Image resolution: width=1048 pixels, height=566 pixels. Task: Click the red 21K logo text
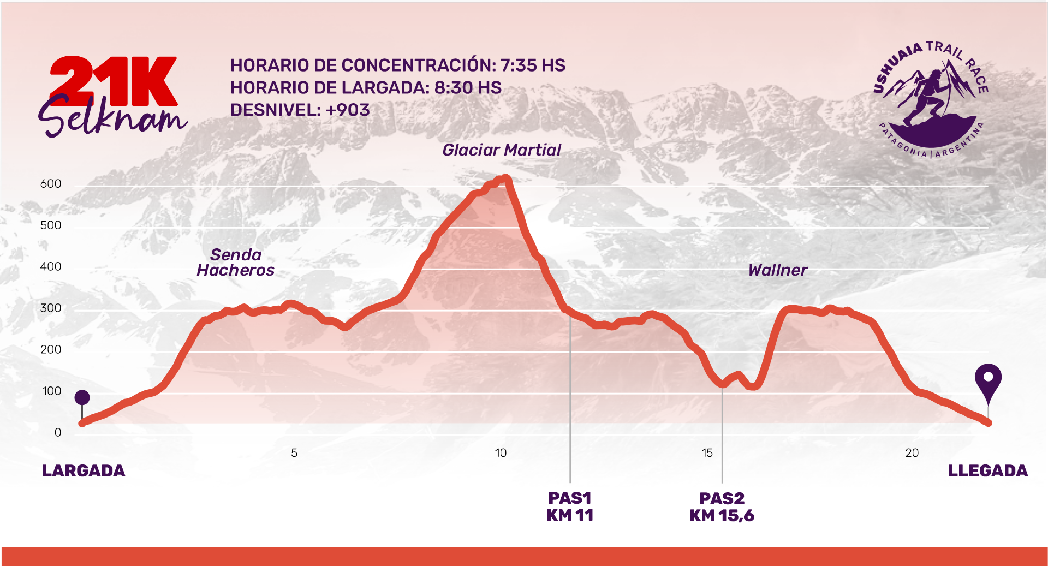tap(114, 81)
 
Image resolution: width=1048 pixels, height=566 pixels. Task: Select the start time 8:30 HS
tap(468, 88)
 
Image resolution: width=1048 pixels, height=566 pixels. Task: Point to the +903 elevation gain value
tap(348, 110)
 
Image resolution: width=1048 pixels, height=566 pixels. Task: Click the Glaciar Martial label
tap(501, 150)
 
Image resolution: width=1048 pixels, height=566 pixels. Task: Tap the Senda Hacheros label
tap(236, 263)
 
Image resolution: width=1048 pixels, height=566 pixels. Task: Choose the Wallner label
tap(777, 270)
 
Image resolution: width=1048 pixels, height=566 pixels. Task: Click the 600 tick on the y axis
tap(51, 184)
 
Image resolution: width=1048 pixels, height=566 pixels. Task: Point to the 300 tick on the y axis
tap(51, 308)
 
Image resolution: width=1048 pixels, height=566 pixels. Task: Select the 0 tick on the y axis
tap(57, 433)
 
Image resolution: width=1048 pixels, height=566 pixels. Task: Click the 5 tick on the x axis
tap(294, 453)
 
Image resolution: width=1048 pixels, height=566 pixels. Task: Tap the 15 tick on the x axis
tap(707, 453)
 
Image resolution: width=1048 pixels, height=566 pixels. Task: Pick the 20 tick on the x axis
tap(912, 453)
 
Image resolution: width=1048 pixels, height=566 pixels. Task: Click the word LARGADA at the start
tap(84, 471)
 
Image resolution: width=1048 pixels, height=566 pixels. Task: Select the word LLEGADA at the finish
tap(987, 471)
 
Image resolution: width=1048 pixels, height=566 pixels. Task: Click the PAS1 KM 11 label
tap(570, 507)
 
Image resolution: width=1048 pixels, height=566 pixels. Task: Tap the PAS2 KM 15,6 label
tap(722, 507)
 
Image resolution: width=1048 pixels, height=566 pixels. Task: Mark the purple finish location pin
tap(988, 380)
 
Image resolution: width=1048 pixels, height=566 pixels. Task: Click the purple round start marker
tap(82, 397)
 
